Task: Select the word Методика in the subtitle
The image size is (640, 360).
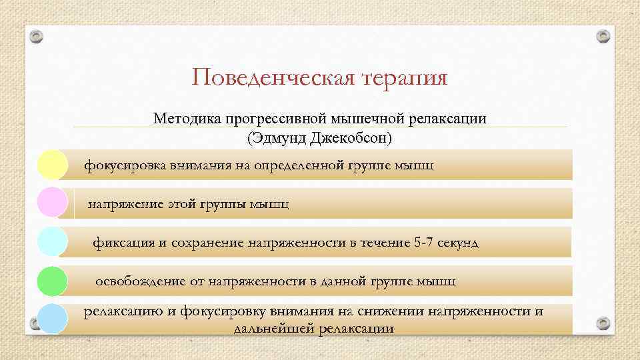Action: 183,119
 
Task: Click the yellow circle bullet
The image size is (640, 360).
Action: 52,165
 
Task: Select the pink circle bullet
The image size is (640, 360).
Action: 52,203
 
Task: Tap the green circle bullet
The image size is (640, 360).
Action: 52,281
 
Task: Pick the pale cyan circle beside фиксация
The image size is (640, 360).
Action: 52,242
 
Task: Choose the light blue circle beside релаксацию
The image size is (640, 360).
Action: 52,319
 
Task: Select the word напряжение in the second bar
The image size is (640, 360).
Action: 124,203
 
